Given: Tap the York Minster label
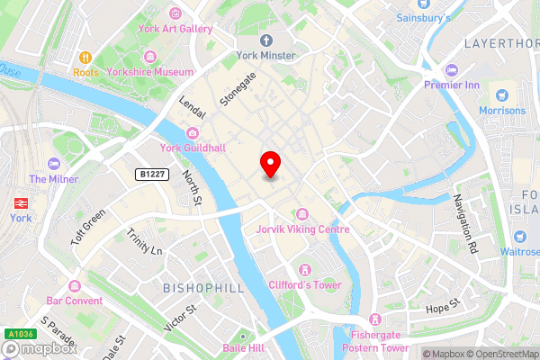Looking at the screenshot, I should point(266,56).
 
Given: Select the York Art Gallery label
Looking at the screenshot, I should point(175,29).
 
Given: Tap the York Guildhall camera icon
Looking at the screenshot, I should point(191,133).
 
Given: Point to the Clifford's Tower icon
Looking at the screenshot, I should point(305,269).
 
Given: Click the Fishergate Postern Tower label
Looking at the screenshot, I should point(376,340).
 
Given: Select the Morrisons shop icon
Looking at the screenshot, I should point(502,94).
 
